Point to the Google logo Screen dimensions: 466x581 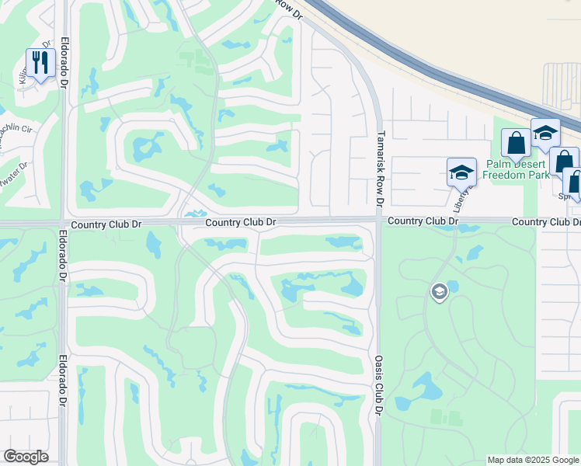tap(26, 456)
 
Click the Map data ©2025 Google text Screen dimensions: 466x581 tap(533, 460)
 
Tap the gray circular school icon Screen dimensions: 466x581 tap(438, 292)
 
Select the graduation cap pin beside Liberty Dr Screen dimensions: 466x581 tap(461, 172)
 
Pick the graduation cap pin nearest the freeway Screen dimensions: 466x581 tap(545, 133)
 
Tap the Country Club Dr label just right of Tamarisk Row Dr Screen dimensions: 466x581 tap(423, 221)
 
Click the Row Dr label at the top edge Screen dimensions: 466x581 tap(288, 7)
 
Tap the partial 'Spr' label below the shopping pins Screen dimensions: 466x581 tap(565, 196)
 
